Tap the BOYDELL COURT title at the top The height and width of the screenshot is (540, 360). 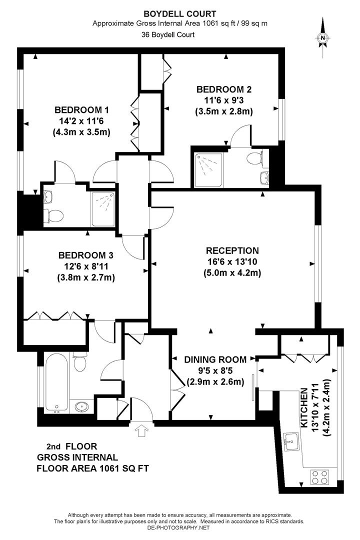179,14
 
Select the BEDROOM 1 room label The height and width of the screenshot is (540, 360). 81,110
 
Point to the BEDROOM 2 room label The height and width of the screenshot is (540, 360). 223,89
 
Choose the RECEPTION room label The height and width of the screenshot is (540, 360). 232,251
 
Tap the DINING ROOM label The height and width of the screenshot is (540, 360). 215,359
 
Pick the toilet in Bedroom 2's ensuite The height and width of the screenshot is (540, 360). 254,158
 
